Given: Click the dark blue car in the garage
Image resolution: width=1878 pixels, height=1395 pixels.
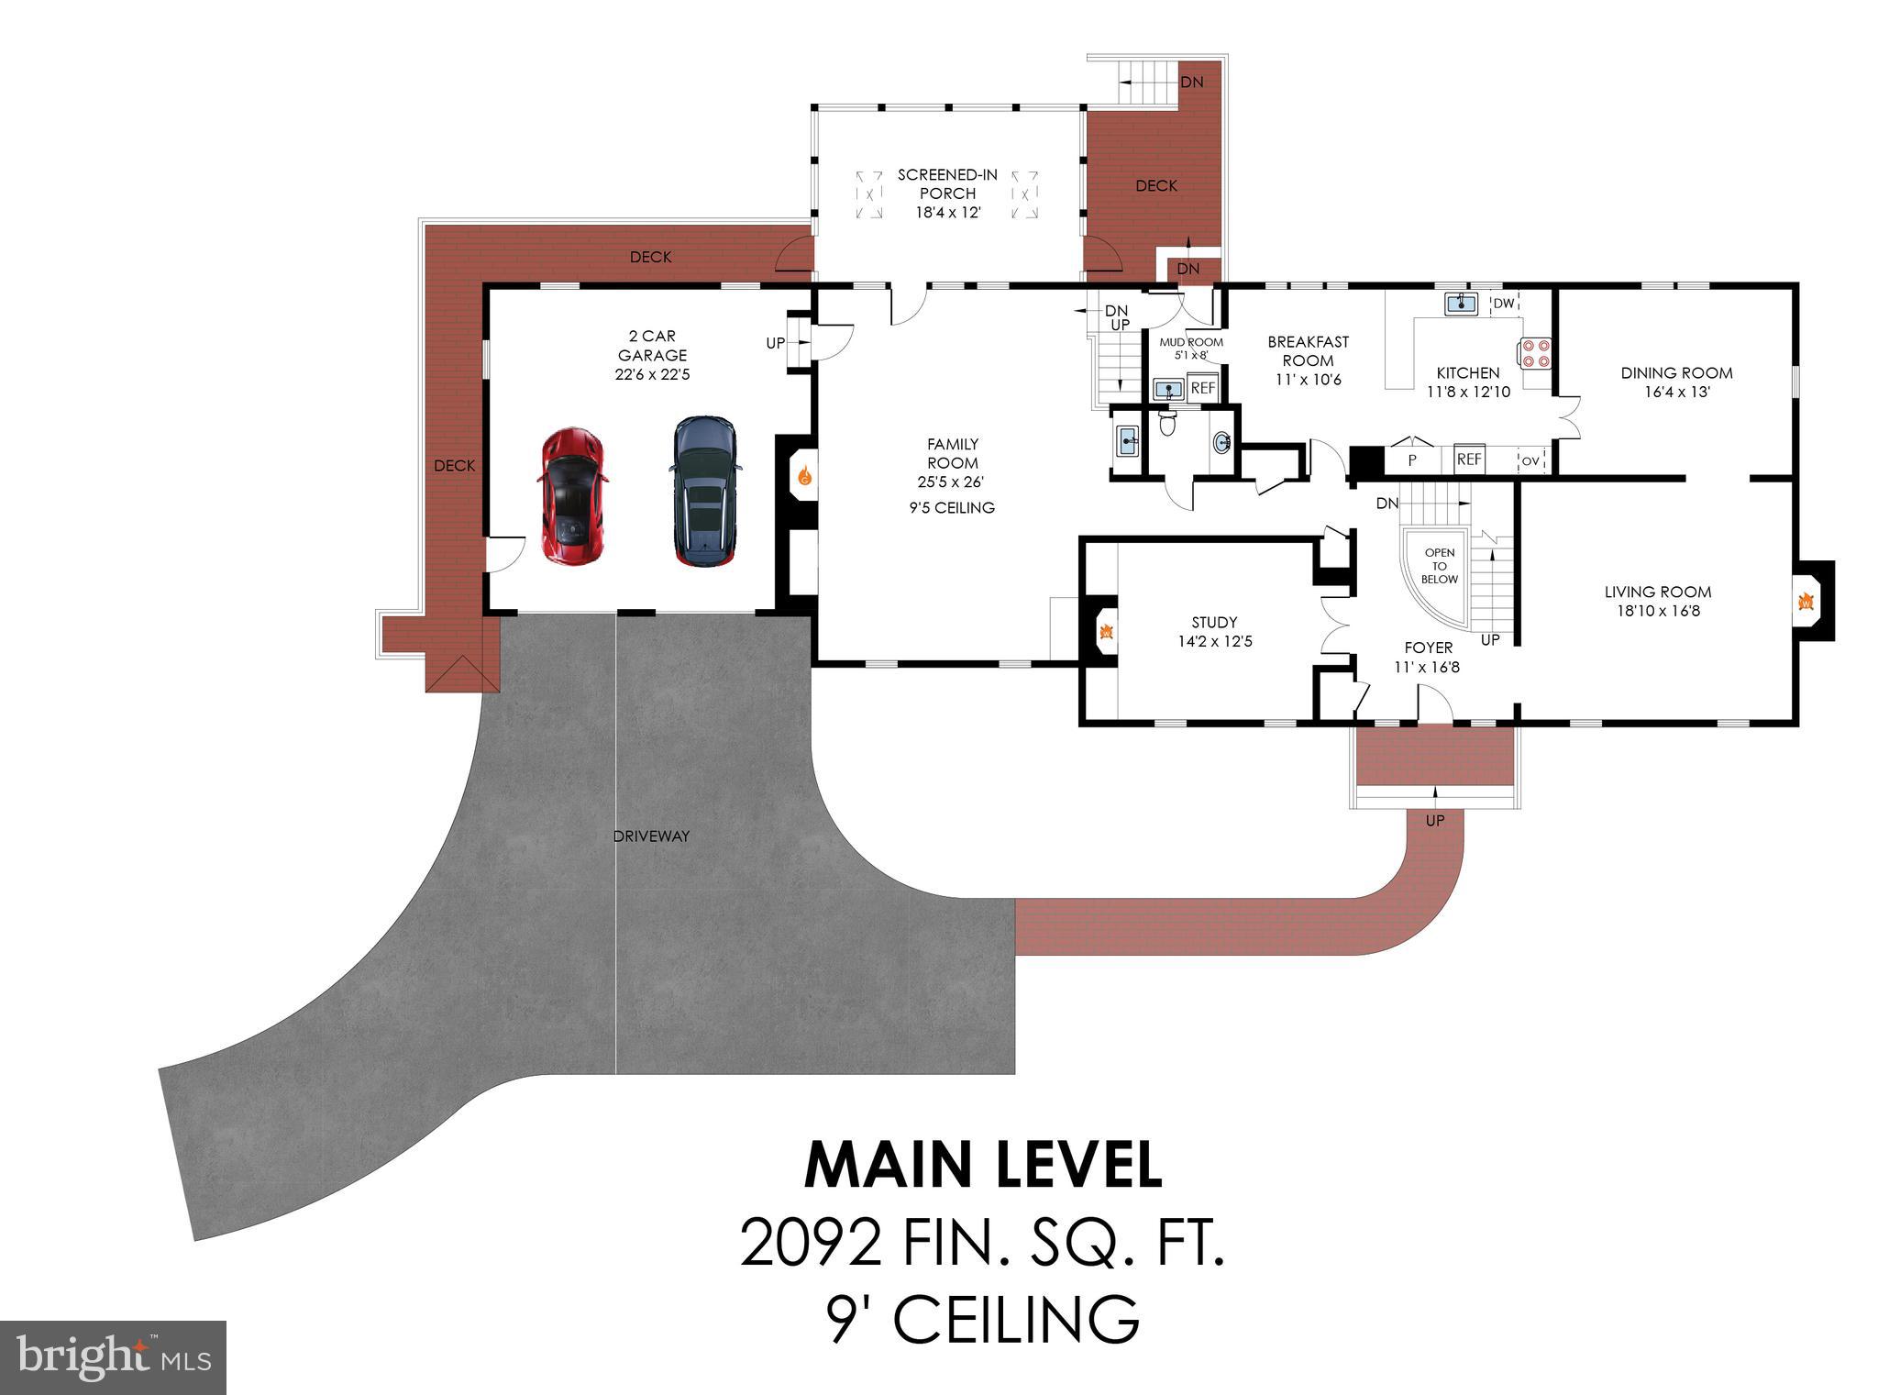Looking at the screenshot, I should (x=703, y=491).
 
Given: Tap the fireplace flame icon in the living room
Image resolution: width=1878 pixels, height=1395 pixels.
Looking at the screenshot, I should (x=1806, y=603).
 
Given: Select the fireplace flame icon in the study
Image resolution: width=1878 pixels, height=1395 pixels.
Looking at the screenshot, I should (x=1107, y=631).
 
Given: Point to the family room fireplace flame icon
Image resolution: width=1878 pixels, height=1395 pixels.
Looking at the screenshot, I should (x=804, y=475).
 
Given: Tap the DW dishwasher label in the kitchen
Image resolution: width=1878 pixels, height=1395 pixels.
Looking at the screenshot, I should (x=1503, y=304).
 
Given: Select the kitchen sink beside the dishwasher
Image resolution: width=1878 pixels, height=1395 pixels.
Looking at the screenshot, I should (x=1460, y=304).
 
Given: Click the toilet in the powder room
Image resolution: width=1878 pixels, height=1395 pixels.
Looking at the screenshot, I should (x=1167, y=423).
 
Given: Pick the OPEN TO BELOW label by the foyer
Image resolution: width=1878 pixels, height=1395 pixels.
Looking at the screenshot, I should (x=1439, y=566).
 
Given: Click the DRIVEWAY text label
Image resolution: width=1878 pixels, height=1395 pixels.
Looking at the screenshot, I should (x=651, y=836).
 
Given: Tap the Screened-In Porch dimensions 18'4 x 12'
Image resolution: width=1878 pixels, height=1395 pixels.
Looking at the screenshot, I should (x=947, y=213).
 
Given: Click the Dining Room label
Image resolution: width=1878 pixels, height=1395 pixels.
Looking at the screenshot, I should (x=1676, y=372).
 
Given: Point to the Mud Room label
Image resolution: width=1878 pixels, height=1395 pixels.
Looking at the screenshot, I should (x=1191, y=342).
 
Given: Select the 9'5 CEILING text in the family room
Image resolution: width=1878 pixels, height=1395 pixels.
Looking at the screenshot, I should (x=952, y=508).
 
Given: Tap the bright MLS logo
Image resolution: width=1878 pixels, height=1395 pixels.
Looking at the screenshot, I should (x=113, y=1358).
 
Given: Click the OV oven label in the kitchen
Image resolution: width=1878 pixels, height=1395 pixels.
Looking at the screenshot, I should (x=1530, y=460).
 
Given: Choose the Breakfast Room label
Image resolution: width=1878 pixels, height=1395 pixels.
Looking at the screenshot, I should (x=1308, y=351).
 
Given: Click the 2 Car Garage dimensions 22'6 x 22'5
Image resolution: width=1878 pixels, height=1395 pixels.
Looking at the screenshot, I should (x=652, y=374).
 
